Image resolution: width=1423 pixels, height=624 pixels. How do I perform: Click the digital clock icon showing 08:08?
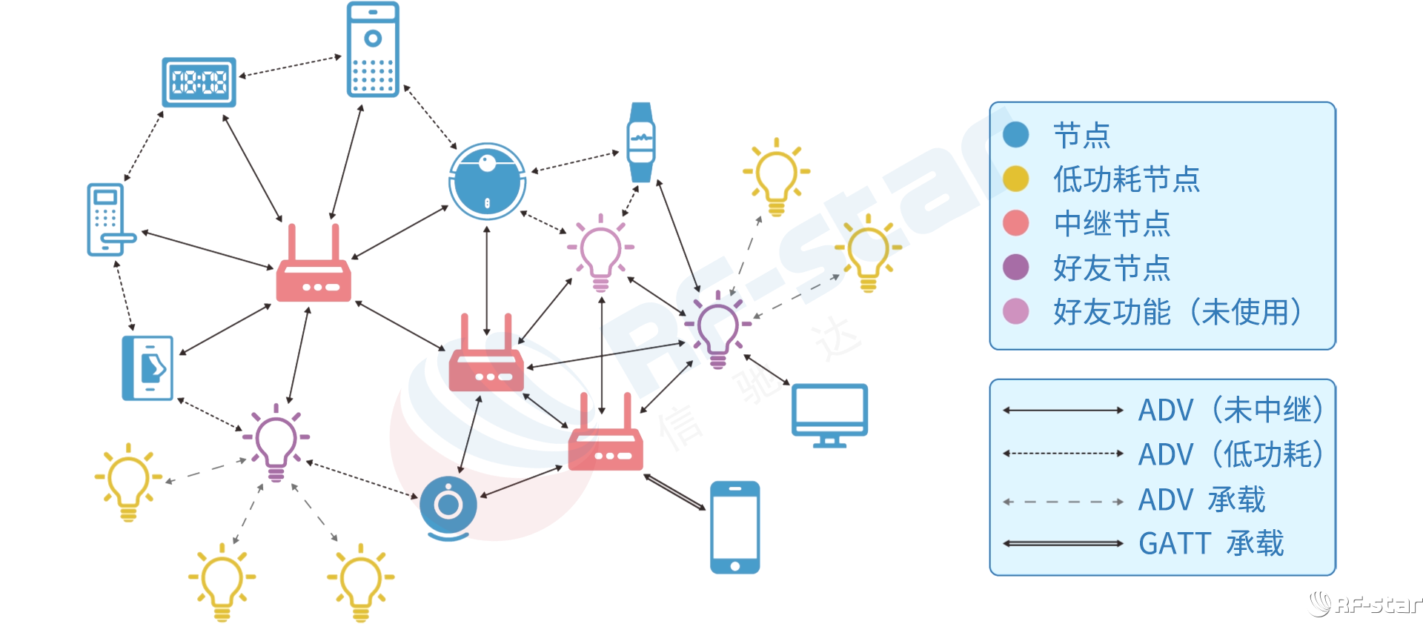(199, 82)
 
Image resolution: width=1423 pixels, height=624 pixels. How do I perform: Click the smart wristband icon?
(640, 142)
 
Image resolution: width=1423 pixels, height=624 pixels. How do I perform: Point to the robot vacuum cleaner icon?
(487, 181)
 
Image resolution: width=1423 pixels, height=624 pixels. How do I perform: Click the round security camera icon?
(448, 507)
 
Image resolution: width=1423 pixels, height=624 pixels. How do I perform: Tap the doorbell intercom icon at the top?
(373, 49)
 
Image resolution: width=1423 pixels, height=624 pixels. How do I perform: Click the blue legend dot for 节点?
(1015, 135)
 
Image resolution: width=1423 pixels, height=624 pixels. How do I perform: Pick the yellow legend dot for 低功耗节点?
(1015, 179)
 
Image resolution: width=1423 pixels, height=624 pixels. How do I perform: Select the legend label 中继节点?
(1112, 224)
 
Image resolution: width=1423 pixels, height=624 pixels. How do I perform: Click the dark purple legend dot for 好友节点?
(1015, 267)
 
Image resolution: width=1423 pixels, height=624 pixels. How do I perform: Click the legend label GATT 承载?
(1211, 543)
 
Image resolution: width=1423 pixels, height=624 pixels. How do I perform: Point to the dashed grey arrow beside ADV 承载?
(1063, 502)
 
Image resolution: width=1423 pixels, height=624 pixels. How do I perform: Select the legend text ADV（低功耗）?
(1230, 454)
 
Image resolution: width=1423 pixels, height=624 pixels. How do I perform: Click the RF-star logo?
(1364, 604)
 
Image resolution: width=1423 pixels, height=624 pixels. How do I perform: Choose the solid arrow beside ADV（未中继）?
(1063, 410)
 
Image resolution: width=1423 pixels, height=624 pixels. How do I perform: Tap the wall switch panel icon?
(147, 368)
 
